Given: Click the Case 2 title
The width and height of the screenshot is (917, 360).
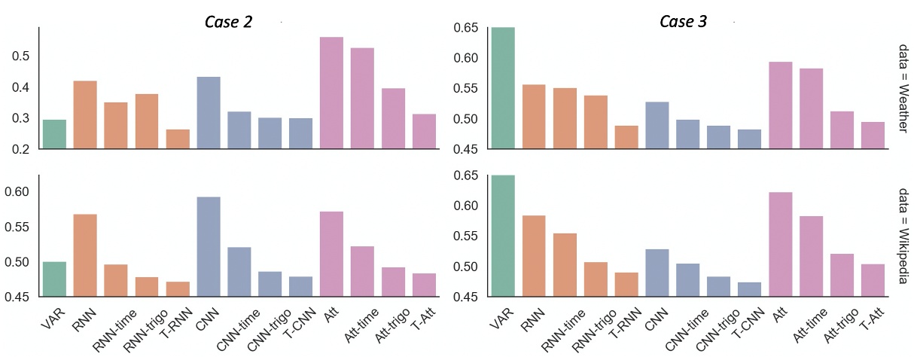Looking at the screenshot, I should pyautogui.click(x=228, y=22).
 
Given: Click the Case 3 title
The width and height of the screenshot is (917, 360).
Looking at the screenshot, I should pyautogui.click(x=683, y=22).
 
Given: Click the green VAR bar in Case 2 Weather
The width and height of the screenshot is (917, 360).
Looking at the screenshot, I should pyautogui.click(x=54, y=134).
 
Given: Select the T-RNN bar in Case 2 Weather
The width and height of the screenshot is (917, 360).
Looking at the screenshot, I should pyautogui.click(x=178, y=139).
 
